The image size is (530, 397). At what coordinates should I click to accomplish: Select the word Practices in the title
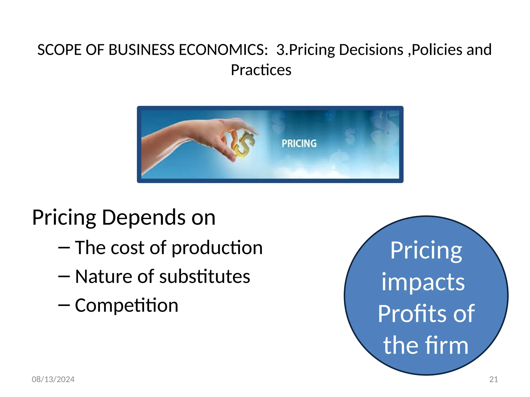tap(261, 70)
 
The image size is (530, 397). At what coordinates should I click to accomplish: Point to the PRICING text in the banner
tap(299, 143)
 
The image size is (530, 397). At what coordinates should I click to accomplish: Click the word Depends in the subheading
tap(144, 218)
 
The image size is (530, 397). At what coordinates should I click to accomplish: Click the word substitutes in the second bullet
tap(204, 277)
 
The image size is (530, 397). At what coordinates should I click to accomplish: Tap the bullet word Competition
tap(127, 306)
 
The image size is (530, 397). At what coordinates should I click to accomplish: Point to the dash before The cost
tap(64, 248)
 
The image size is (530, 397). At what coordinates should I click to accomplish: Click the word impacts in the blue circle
tap(423, 282)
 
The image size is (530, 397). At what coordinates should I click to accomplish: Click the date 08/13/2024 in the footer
tap(53, 379)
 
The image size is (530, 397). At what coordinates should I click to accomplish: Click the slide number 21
tap(494, 379)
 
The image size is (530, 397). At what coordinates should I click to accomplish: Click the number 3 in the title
tap(281, 50)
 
